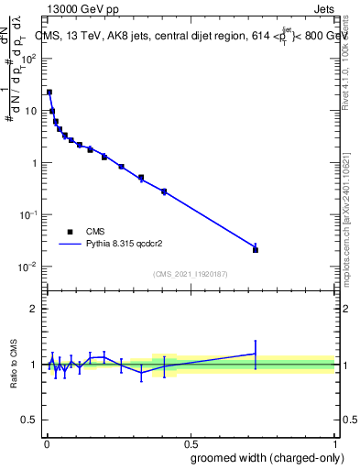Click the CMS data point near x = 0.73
(256, 249)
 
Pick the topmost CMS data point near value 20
(49, 92)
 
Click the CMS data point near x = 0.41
(164, 191)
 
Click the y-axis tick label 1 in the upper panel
(36, 163)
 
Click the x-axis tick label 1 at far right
(335, 440)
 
